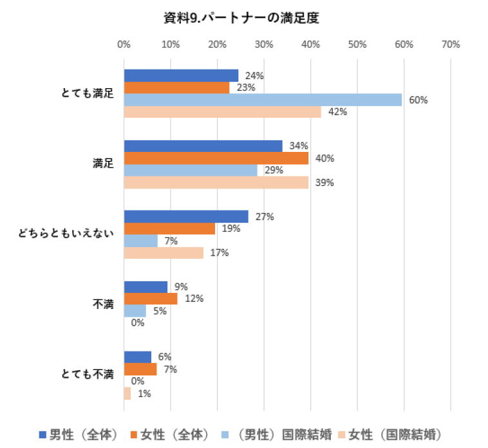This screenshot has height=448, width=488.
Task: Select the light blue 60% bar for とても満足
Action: [x=263, y=100]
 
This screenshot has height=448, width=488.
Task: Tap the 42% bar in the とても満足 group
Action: [x=222, y=112]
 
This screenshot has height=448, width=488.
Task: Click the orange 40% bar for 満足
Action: [x=216, y=158]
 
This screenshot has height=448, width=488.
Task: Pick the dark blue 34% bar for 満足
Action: [x=203, y=146]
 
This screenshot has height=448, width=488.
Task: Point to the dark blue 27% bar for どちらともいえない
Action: [x=186, y=216]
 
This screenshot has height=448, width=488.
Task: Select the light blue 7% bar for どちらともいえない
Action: [x=140, y=241]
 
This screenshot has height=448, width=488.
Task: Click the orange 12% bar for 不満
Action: [x=151, y=299]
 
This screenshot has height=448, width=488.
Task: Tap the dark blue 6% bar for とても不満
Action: [x=137, y=357]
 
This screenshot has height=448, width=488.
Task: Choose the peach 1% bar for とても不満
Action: [x=127, y=393]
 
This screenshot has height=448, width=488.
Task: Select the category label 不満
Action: [x=104, y=304]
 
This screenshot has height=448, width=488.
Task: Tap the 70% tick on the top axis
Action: [x=451, y=44]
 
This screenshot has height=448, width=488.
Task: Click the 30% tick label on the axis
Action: [x=263, y=44]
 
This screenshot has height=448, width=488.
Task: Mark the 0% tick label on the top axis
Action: [x=124, y=44]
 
